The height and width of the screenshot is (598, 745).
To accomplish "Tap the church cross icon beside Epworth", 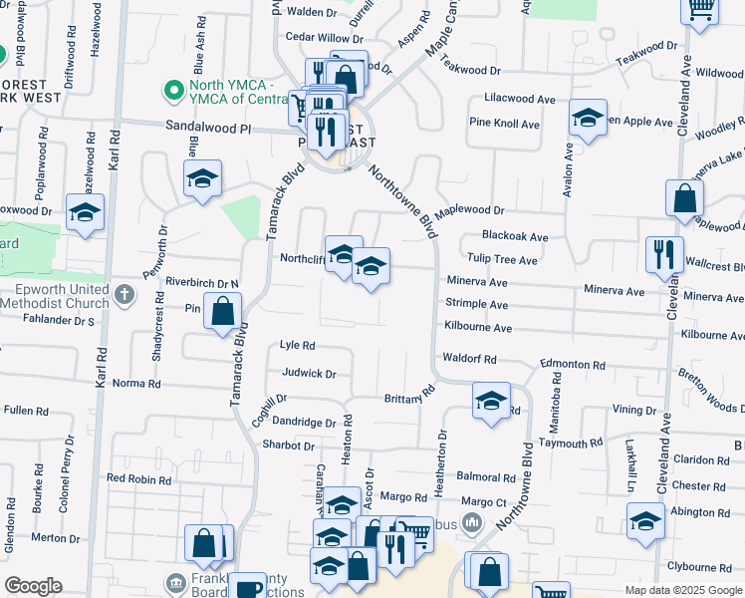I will click(x=124, y=295).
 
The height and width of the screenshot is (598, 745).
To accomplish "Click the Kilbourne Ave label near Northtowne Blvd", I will click(x=477, y=328).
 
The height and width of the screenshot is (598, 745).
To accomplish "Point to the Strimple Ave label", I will click(x=477, y=305).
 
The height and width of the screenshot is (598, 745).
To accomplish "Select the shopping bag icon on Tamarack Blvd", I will click(x=223, y=311).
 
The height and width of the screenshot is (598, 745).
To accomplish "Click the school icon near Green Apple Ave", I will click(x=588, y=120).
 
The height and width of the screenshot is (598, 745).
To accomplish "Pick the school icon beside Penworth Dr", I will click(x=202, y=179).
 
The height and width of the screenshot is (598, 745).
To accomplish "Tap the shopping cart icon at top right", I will click(x=701, y=8).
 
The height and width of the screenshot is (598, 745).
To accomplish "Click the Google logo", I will click(x=33, y=586).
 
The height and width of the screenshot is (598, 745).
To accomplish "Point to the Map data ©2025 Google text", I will click(x=682, y=590).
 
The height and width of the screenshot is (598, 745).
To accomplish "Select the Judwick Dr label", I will click(x=309, y=375).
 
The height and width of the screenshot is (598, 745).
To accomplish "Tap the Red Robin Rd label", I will click(x=138, y=479).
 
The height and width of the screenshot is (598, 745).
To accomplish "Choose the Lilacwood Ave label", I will click(x=519, y=100).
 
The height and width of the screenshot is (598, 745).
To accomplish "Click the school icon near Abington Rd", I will click(x=645, y=521).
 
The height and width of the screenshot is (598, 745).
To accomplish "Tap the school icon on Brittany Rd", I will click(x=490, y=401).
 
